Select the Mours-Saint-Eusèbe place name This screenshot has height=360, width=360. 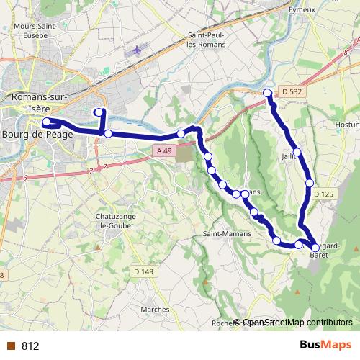(36, 30)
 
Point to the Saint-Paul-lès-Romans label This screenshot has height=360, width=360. (207, 39)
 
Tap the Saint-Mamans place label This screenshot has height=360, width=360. (227, 235)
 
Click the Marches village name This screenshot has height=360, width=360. (156, 310)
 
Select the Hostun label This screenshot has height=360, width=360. (347, 125)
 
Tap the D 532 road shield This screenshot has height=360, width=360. (291, 91)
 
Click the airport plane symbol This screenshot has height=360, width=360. (138, 50)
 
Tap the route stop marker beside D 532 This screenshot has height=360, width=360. (268, 93)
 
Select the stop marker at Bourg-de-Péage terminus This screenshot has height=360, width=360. (45, 122)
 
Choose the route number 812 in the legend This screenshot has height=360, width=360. (30, 346)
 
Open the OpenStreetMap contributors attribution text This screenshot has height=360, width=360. (294, 323)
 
